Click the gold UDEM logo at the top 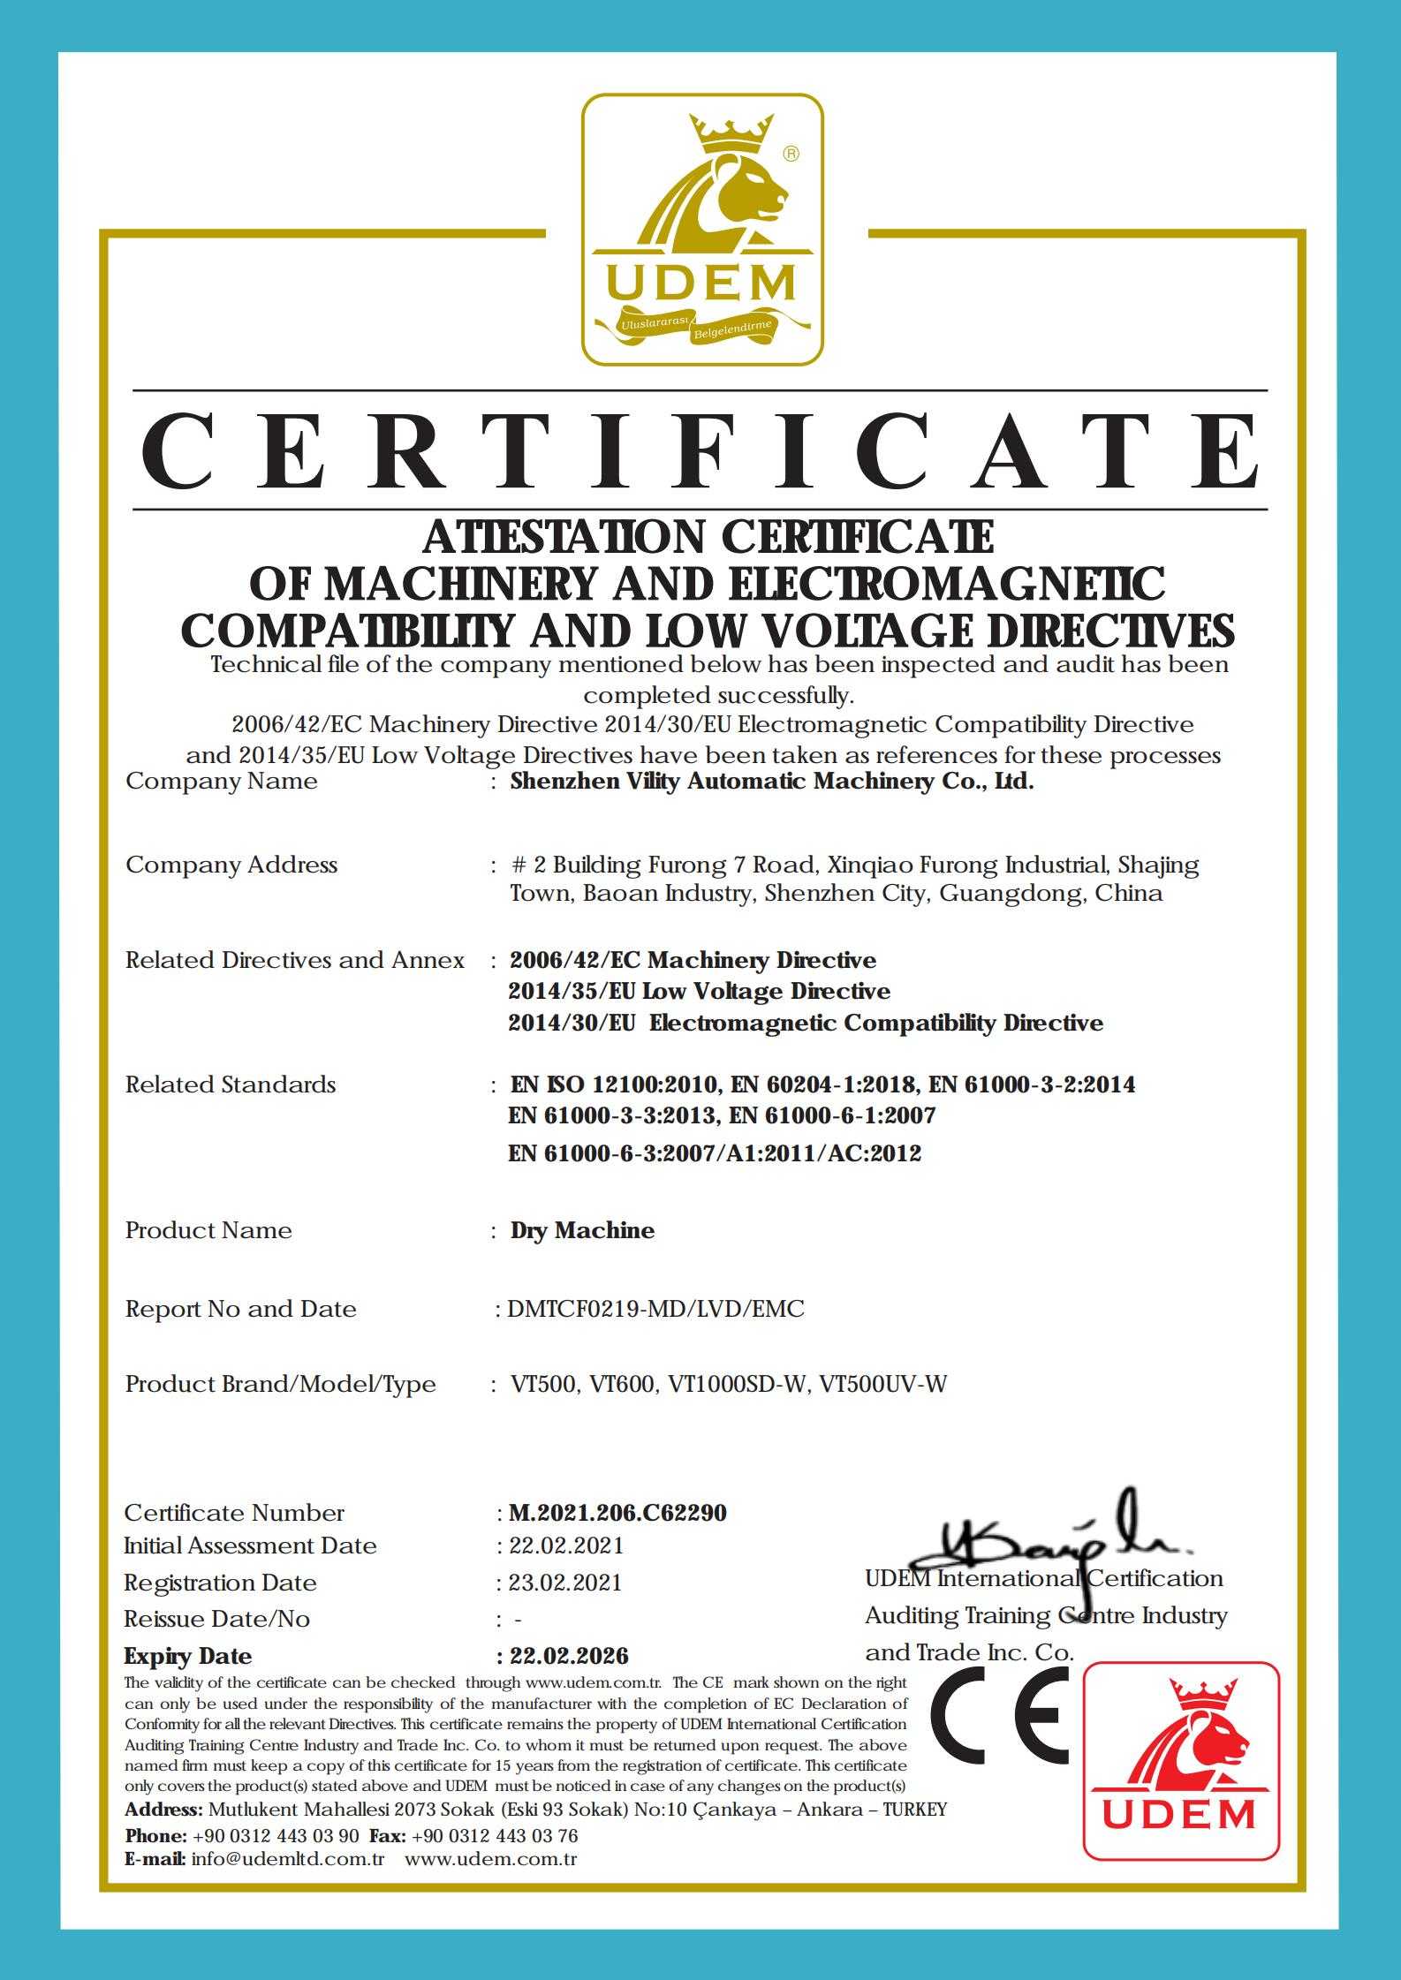click(x=701, y=230)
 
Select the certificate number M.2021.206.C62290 click(x=617, y=1513)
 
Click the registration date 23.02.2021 click(x=564, y=1582)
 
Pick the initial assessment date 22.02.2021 click(x=565, y=1545)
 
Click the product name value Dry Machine click(x=582, y=1230)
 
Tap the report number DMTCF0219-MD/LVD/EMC click(x=655, y=1309)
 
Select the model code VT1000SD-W click(x=738, y=1384)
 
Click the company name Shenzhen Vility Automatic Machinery click(x=771, y=782)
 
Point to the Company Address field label click(x=231, y=865)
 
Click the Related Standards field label click(x=231, y=1084)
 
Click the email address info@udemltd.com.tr click(x=287, y=1858)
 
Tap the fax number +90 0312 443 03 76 click(x=495, y=1836)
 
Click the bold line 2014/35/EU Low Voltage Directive click(x=700, y=991)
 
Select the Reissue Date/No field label click(x=216, y=1619)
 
